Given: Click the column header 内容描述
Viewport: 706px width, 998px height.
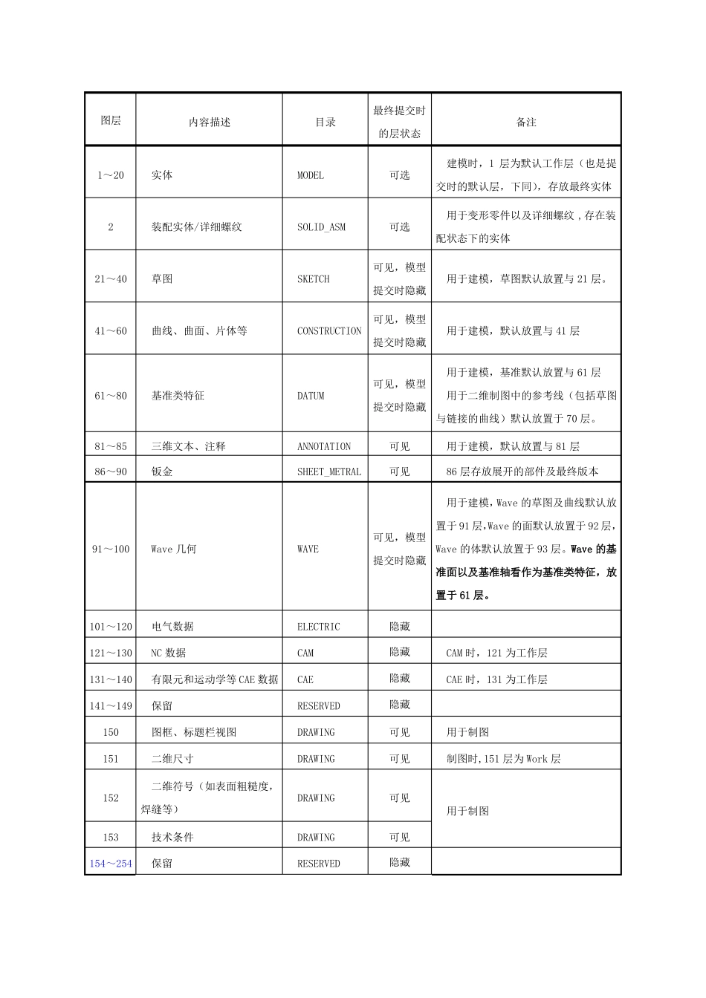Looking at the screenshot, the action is pos(210,123).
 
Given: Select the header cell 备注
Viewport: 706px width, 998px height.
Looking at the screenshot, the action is pos(526,123).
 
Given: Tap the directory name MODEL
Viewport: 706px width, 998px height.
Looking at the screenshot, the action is pos(311,176).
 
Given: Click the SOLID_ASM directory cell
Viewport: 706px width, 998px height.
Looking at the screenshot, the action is pos(321,227).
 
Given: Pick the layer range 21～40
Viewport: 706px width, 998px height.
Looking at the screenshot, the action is pos(111,279).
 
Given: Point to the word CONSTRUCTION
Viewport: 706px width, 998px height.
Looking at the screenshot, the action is pos(329,331).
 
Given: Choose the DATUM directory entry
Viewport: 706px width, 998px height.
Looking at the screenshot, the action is pos(311,396).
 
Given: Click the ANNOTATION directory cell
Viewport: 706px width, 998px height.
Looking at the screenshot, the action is pos(324,447).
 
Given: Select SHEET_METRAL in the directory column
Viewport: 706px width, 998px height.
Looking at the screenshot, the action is pos(329,472).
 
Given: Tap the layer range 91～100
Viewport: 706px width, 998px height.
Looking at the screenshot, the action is pos(111,549).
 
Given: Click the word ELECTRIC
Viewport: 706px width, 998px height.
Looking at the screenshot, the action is pos(319,627).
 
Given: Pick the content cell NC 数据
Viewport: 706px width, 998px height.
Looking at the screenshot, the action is pos(169,653).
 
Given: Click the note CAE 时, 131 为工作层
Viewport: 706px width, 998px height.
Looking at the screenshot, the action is pos(496,679).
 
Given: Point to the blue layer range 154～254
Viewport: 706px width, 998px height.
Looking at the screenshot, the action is pos(111,864).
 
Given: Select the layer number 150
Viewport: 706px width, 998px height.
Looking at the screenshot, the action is pos(111,732).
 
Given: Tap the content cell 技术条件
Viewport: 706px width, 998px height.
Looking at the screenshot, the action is pos(172,838).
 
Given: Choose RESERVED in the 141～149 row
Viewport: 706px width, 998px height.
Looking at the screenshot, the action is pos(319,706).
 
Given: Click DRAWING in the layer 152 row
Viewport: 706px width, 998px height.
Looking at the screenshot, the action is pos(316,798).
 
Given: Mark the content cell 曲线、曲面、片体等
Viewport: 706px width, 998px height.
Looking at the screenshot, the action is pos(199,331).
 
